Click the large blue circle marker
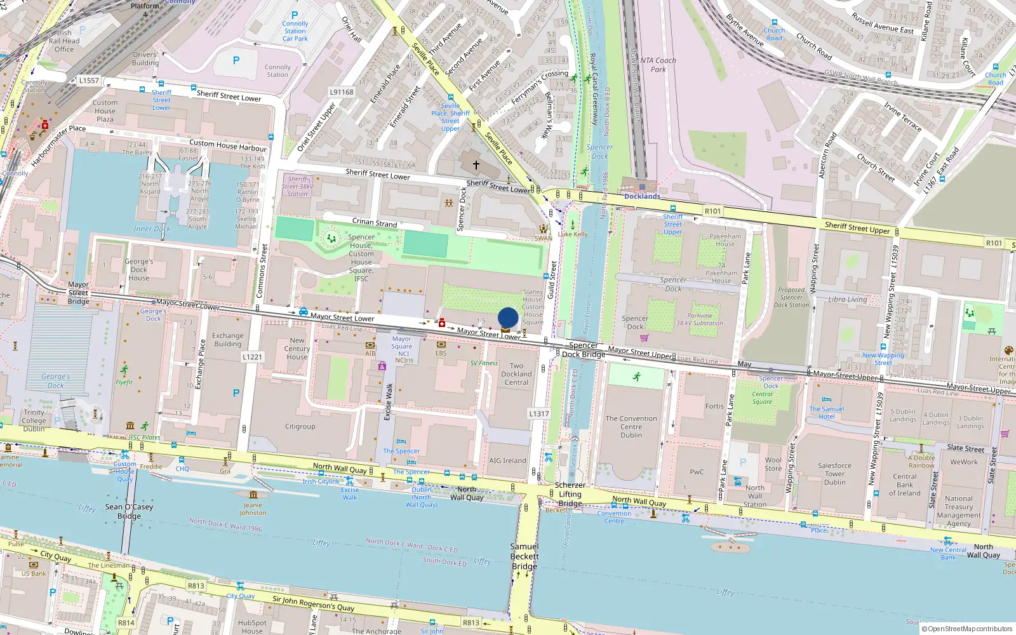[x=508, y=317]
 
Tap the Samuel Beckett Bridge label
[x=524, y=556]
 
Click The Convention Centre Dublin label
[x=631, y=427]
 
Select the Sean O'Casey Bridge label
[x=129, y=511]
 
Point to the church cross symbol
[x=476, y=164]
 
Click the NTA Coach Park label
[x=658, y=65]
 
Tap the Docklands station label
[x=642, y=196]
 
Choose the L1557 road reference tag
[x=89, y=81]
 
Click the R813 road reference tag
[x=196, y=585]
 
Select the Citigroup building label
[x=300, y=426]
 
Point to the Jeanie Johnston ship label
[x=253, y=509]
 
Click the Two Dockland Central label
[x=516, y=374]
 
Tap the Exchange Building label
[x=227, y=340]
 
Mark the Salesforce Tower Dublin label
[x=834, y=474]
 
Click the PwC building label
[x=697, y=472]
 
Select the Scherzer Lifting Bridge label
[x=570, y=494]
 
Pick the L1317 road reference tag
[x=538, y=413]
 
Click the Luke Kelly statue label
[x=573, y=234]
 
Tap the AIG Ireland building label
[x=507, y=460]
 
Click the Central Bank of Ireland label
[x=904, y=485]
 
